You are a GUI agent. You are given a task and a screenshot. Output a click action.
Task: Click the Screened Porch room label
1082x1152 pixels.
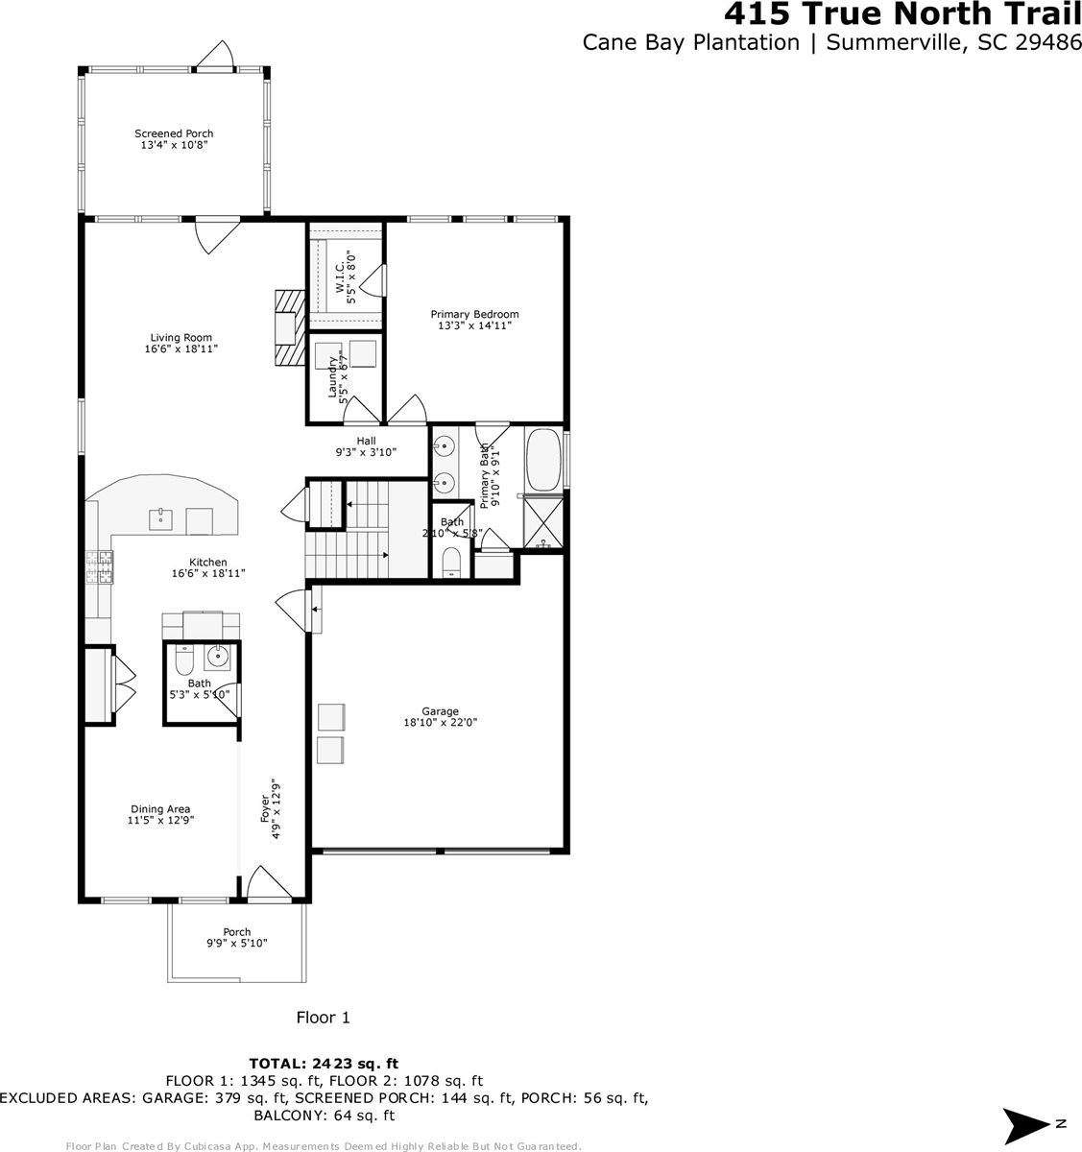174,139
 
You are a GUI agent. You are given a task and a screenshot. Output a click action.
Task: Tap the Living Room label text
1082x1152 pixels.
180,343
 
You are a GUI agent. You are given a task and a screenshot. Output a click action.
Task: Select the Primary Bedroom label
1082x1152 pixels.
474,320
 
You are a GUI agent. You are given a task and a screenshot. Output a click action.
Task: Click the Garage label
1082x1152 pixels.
440,717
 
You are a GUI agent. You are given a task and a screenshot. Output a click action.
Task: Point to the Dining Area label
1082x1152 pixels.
160,814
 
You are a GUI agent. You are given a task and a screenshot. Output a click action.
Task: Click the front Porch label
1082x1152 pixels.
237,938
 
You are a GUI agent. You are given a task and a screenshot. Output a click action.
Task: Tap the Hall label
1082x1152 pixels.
366,445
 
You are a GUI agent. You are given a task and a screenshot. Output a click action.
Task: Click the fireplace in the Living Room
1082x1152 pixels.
286,328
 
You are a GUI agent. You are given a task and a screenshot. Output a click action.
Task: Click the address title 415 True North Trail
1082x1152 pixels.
902,15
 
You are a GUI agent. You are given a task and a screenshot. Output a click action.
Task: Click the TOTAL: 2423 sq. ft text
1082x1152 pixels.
324,1063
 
